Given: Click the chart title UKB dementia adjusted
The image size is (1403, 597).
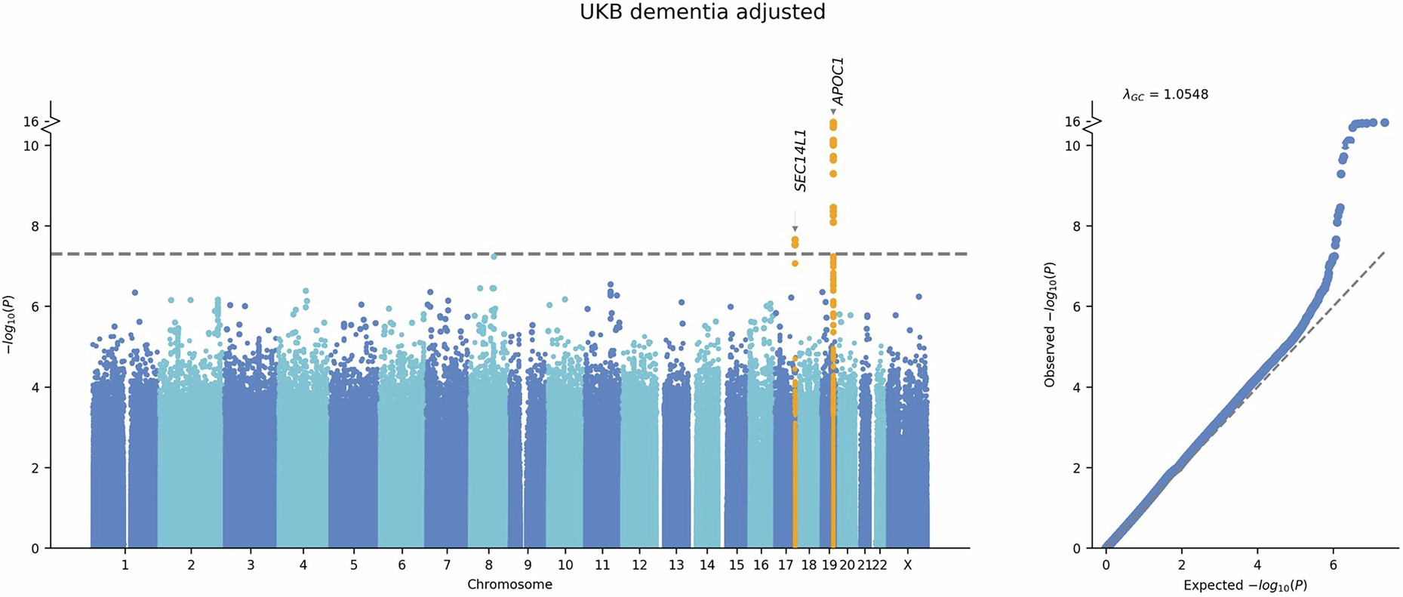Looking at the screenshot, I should coord(702,12).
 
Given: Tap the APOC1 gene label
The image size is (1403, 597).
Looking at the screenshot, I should coord(837,81).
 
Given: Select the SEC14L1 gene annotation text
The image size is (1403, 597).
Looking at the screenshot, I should coord(801,160).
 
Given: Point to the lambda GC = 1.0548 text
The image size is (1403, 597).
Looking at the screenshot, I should coord(1165,94).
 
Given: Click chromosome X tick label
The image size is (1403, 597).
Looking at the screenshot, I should coord(908,565).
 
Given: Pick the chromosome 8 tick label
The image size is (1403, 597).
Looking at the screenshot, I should coord(489,565).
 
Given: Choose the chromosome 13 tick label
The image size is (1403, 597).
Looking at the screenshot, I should coord(676,565).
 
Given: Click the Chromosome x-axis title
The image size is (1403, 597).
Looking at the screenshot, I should coord(509,585).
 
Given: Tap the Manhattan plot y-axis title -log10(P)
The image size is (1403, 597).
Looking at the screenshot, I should coord(10,325).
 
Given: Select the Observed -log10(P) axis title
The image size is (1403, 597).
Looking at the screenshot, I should coord(1050,325).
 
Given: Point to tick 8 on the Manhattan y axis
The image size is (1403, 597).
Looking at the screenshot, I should coord(34,226).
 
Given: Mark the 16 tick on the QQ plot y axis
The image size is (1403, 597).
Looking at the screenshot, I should coord(1072,122).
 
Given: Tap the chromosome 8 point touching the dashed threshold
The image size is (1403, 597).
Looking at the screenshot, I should coord(494,256).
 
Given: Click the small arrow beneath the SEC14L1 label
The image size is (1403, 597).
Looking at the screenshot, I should coord(795,228).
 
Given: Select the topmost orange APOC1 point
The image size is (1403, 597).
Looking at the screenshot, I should coord(833,122).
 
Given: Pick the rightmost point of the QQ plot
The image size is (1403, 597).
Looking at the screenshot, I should coord(1384,122).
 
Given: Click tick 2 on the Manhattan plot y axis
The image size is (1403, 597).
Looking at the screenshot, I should coord(34,468).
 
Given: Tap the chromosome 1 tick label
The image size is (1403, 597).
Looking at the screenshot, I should coord(125,565).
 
